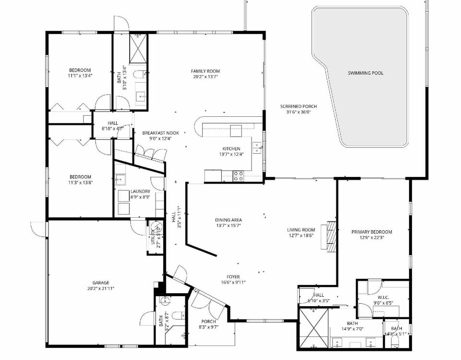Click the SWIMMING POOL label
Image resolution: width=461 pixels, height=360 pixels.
point(365,73)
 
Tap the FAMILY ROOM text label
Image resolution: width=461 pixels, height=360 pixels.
point(206,71)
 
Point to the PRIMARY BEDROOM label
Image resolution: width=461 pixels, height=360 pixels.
point(371,232)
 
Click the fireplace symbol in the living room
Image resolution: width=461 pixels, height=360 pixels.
point(330,236)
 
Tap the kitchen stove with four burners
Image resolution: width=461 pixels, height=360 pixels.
point(238,176)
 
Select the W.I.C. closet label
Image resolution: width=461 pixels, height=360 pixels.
point(382,297)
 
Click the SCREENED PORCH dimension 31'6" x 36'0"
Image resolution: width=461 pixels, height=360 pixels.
point(298,112)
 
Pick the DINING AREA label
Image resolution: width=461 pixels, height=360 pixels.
point(228,220)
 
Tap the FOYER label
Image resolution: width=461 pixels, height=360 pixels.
point(233,277)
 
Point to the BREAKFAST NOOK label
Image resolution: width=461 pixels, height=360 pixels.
point(160,133)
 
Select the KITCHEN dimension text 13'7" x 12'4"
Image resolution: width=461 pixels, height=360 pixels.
point(231,154)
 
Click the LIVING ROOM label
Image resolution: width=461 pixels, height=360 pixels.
point(301,230)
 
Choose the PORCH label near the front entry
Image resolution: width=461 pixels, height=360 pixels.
point(208,322)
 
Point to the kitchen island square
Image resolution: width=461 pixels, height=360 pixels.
point(236,131)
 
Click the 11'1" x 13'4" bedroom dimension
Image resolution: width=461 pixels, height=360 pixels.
point(80,75)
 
